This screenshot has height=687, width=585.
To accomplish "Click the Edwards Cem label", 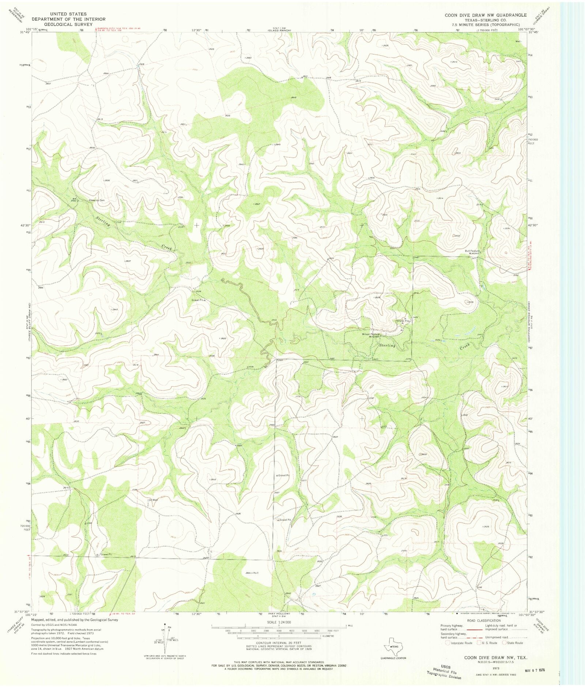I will pos(97,200).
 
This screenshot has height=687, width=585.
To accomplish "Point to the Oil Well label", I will pos(153,500).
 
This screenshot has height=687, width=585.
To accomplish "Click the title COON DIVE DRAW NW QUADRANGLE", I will pos(486,15).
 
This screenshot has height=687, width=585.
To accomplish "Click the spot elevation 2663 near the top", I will pos(248,58).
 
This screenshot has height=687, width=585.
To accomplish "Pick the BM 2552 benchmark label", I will pos(73,200).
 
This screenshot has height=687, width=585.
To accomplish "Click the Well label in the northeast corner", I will pos(518,41).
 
